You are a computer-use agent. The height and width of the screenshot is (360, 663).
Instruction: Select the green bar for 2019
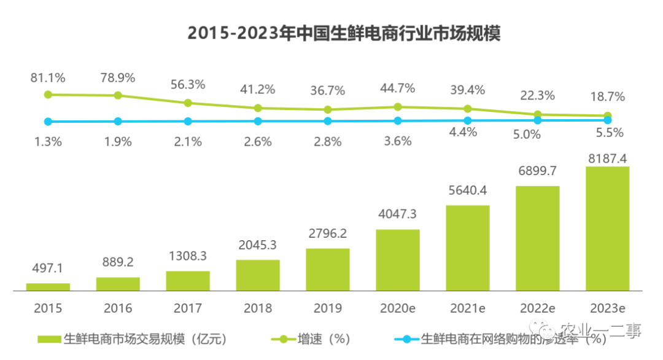point(327,268)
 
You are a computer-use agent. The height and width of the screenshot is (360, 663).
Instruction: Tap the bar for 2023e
point(607,228)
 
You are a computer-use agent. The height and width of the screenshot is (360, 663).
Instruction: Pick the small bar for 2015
point(48,286)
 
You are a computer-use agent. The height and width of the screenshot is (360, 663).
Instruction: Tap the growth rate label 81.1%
point(48,78)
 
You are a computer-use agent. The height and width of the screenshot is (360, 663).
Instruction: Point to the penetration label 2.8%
point(327,141)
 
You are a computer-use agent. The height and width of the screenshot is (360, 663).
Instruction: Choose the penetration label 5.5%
point(607,132)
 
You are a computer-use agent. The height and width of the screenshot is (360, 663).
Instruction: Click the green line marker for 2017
point(188,103)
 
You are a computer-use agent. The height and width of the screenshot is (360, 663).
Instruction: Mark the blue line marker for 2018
point(258,122)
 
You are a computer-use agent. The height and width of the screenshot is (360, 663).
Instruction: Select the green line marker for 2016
point(118,95)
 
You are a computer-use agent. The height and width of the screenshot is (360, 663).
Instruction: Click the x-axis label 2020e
point(397,307)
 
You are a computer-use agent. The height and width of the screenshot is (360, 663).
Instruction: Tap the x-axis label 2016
point(117,307)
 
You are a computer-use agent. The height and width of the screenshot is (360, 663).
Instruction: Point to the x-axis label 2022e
point(537,307)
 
